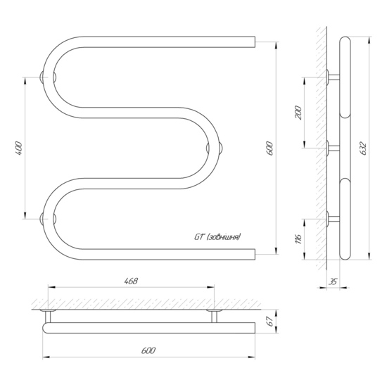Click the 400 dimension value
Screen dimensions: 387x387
click(x=20, y=148)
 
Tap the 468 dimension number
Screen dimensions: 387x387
click(x=131, y=281)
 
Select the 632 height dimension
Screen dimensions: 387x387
click(x=364, y=148)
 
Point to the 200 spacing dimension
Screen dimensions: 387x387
click(x=298, y=113)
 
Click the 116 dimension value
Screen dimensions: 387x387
click(x=298, y=238)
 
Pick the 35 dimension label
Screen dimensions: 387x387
click(x=333, y=281)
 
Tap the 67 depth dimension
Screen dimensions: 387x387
click(x=271, y=321)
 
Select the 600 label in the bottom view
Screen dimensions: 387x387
click(x=148, y=350)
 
